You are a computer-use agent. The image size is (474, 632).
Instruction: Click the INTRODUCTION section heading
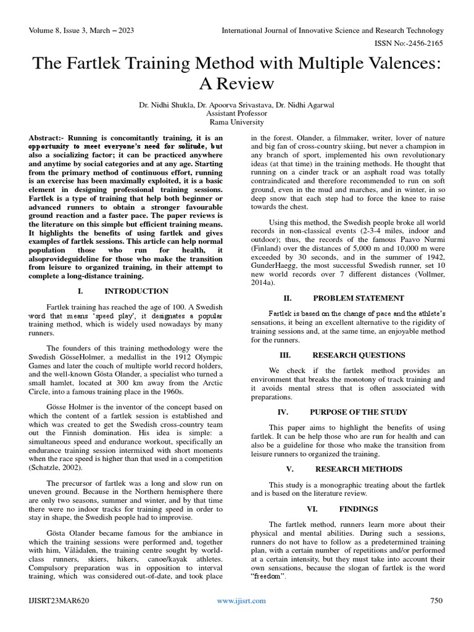click(x=136, y=291)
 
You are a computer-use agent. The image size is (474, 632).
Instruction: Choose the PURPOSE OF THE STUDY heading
click(x=358, y=412)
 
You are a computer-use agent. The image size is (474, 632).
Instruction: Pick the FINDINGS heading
click(x=359, y=509)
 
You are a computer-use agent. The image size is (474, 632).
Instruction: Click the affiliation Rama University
click(x=237, y=123)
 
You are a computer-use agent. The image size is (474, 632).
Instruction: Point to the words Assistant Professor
click(x=237, y=114)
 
